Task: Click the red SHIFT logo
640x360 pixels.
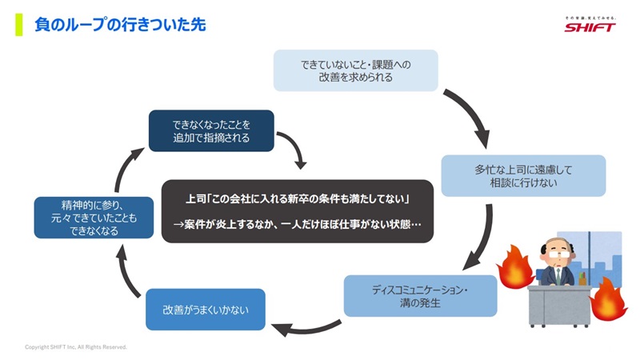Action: click(x=590, y=26)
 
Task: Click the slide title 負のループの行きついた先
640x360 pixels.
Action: click(x=120, y=26)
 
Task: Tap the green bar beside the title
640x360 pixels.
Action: click(x=18, y=25)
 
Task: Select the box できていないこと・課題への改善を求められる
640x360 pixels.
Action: click(x=355, y=70)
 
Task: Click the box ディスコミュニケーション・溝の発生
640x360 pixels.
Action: click(x=420, y=295)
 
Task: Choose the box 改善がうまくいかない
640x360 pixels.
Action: click(x=205, y=309)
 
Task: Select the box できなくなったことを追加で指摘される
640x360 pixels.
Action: click(x=211, y=130)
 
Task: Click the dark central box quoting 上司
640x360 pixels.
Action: click(x=297, y=210)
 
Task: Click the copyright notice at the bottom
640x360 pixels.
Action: click(x=76, y=347)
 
